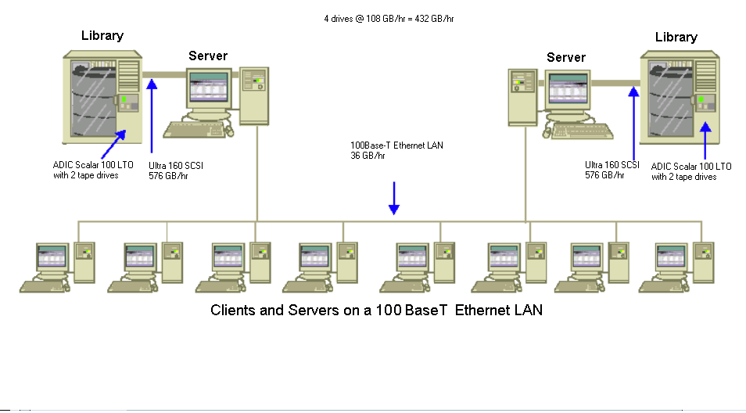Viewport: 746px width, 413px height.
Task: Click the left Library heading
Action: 102,36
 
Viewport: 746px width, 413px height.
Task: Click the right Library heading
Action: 676,37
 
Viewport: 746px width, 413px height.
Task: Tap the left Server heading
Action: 208,56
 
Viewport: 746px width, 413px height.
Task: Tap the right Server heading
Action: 566,57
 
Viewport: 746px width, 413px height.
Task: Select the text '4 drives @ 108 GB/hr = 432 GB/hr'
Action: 389,17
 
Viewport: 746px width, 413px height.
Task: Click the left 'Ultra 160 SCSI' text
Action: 176,166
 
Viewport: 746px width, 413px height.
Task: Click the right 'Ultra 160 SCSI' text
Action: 612,165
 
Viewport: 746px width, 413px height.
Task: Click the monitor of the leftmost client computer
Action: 52,259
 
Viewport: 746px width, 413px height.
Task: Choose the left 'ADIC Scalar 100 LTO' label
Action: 85,166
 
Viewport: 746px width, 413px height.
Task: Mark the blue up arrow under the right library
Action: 706,141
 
